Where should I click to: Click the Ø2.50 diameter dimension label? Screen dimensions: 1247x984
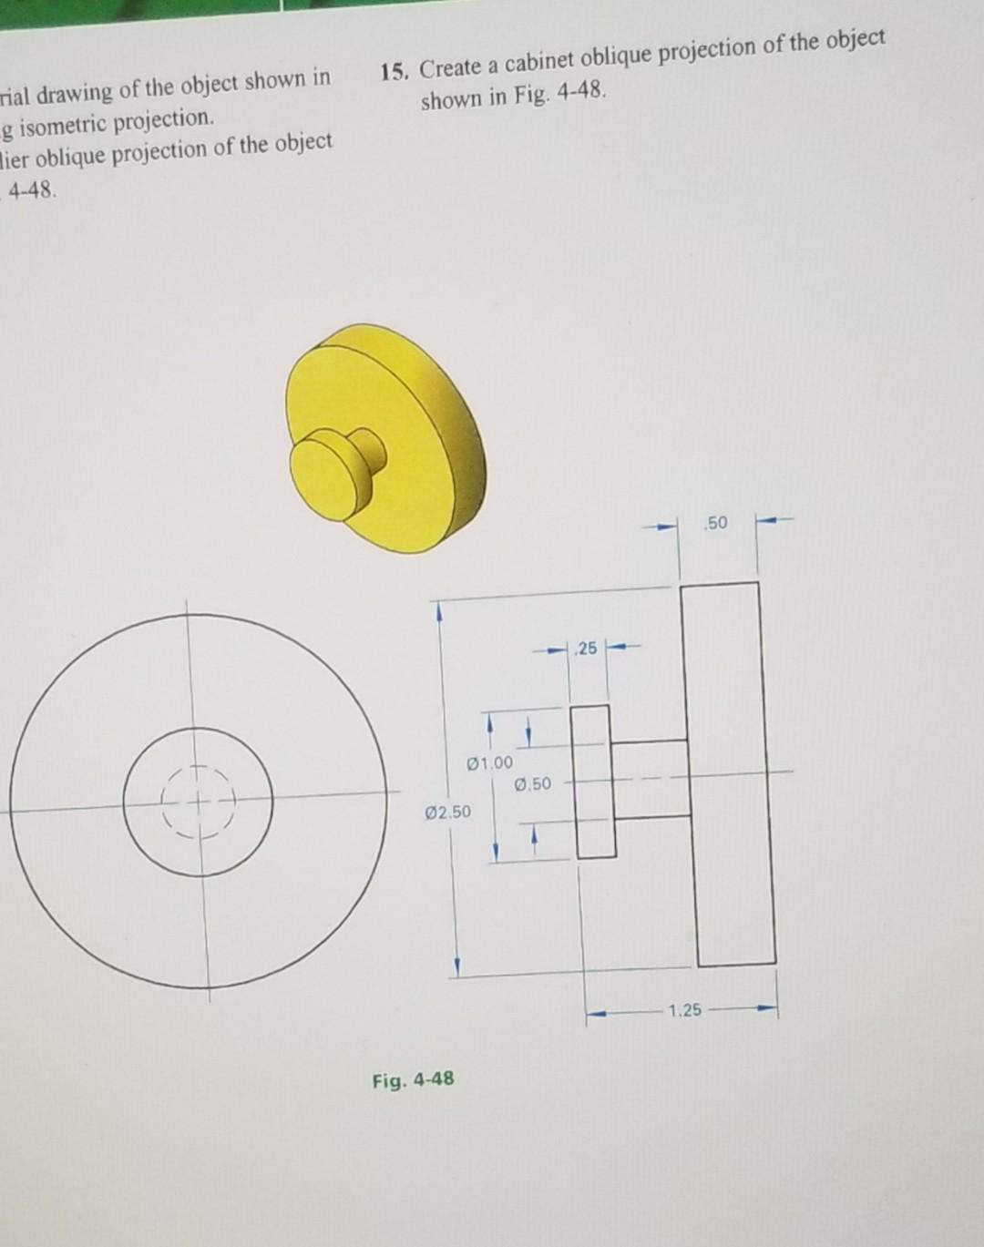448,812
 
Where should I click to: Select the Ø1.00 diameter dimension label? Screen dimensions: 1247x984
489,762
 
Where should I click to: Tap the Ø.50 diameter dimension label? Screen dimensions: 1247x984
533,784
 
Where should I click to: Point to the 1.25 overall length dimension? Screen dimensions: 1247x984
684,1010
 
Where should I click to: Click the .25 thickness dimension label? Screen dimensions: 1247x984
587,649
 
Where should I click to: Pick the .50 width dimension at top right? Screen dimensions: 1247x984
717,523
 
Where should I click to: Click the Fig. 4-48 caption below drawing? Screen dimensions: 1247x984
413,1080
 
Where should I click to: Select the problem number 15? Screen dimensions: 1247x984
394,72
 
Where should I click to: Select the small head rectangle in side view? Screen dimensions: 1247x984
593,782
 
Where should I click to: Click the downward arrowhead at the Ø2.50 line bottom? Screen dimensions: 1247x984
457,963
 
